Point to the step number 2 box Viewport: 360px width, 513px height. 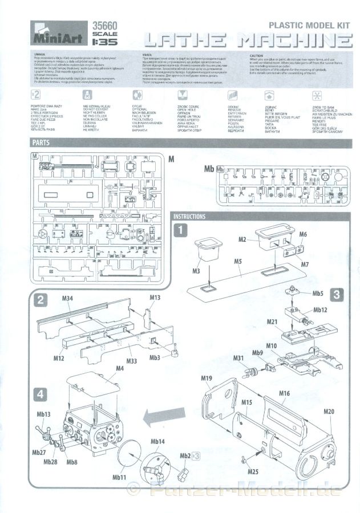tap(39, 300)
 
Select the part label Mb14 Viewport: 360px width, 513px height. tap(158, 442)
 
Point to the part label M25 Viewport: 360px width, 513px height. tap(253, 472)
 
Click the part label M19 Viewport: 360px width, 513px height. tap(207, 378)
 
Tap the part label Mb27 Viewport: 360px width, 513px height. tap(39, 453)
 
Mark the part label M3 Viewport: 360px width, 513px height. tap(195, 270)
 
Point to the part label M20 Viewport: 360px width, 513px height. tap(329, 411)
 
